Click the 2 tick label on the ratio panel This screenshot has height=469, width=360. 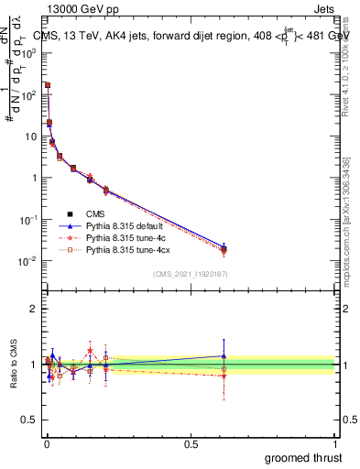(34, 309)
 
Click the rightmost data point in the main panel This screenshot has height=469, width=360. (224, 248)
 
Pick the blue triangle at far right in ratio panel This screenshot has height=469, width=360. (224, 355)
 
